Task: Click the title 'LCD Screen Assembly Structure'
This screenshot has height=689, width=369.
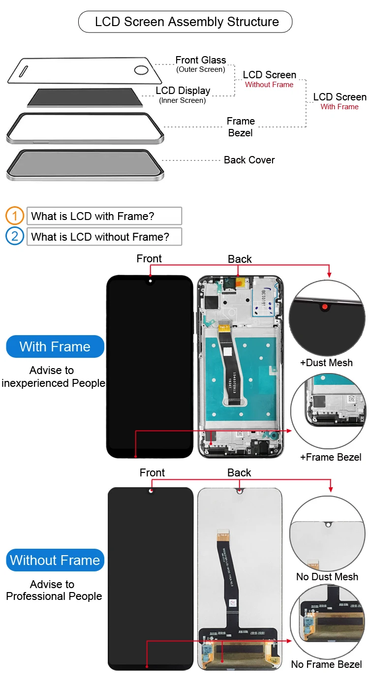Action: [186, 22]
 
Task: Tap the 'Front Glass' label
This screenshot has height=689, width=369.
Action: [201, 60]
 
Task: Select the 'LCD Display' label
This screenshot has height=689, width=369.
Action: [183, 91]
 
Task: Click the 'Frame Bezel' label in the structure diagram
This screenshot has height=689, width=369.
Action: [241, 127]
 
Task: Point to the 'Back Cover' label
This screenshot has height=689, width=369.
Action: [249, 160]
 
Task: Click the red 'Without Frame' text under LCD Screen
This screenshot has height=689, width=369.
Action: [269, 85]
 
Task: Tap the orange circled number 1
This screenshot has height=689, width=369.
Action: [14, 216]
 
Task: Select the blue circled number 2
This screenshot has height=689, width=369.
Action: [14, 236]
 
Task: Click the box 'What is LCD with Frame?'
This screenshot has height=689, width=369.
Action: [104, 216]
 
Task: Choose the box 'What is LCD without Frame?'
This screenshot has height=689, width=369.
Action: [104, 237]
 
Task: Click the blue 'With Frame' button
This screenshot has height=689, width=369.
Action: [55, 346]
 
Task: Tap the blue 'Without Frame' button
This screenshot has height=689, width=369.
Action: [55, 560]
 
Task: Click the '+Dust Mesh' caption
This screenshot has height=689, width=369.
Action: [326, 363]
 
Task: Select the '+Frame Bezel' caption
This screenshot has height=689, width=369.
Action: [331, 457]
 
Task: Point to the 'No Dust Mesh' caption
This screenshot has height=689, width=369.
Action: [327, 577]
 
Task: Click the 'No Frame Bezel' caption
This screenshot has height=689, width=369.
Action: [326, 664]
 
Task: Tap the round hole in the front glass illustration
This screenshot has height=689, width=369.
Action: [141, 70]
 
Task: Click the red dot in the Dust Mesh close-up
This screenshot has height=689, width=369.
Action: [325, 307]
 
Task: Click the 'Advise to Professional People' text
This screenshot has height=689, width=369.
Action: [54, 590]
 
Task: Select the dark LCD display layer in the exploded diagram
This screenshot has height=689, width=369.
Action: [85, 97]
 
